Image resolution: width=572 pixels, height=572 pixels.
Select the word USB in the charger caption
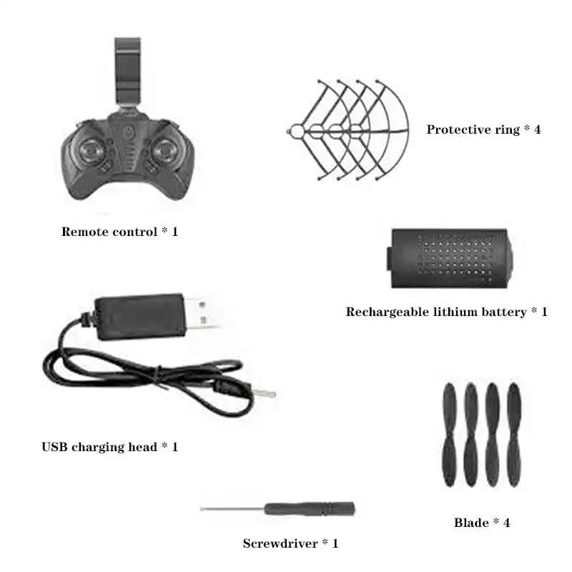pyautogui.click(x=55, y=447)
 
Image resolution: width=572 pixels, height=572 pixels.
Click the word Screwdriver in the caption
pyautogui.click(x=278, y=543)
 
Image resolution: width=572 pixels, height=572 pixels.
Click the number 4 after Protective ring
pyautogui.click(x=537, y=129)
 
